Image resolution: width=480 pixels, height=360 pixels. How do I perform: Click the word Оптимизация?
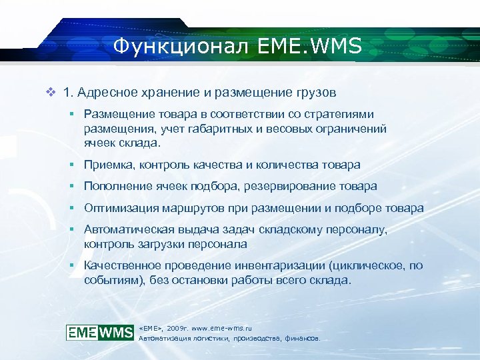pos(119,208)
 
